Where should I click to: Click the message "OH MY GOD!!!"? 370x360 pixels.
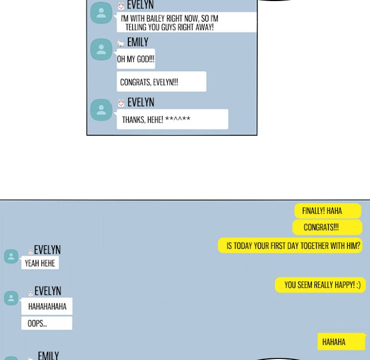point(136,59)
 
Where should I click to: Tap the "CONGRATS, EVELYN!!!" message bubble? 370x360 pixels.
point(161,81)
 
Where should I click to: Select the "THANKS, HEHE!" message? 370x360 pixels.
point(172,119)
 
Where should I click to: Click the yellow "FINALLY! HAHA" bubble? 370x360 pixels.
point(328,211)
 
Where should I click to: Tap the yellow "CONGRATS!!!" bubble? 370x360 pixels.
point(327,227)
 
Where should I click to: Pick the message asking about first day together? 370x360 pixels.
point(290,245)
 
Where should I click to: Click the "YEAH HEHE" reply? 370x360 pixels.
point(40,263)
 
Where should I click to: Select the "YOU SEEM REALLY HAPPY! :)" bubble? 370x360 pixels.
point(320,285)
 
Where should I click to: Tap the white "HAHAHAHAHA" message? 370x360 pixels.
point(47,306)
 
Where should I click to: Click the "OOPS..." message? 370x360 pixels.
point(47,323)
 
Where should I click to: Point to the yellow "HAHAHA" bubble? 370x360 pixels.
point(341,341)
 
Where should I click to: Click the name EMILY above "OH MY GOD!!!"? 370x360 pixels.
point(138,42)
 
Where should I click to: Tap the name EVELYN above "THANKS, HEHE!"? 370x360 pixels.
point(141,103)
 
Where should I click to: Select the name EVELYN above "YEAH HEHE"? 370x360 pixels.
point(47,250)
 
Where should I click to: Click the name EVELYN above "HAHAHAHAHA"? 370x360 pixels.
point(48,291)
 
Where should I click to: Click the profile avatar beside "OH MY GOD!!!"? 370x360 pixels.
point(101,49)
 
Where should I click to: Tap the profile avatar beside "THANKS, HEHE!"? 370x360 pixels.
point(101,110)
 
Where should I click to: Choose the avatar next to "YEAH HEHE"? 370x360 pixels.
point(11,256)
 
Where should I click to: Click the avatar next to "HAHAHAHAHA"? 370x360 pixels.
point(11,298)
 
